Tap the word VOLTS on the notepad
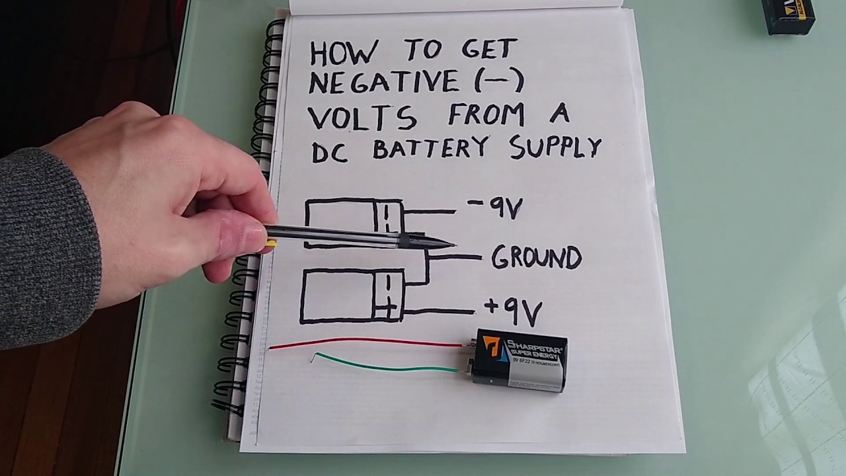[x=363, y=118]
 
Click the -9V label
[x=496, y=208]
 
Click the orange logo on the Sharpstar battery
[x=492, y=348]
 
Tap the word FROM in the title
[x=486, y=115]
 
